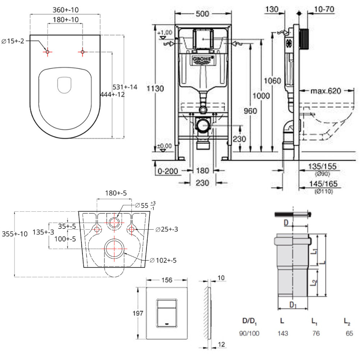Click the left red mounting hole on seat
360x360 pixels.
47,52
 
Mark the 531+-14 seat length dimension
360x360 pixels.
126,87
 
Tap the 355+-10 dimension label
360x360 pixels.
14,234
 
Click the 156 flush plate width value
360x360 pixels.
166,280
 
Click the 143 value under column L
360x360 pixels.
283,333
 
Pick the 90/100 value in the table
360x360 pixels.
249,333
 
